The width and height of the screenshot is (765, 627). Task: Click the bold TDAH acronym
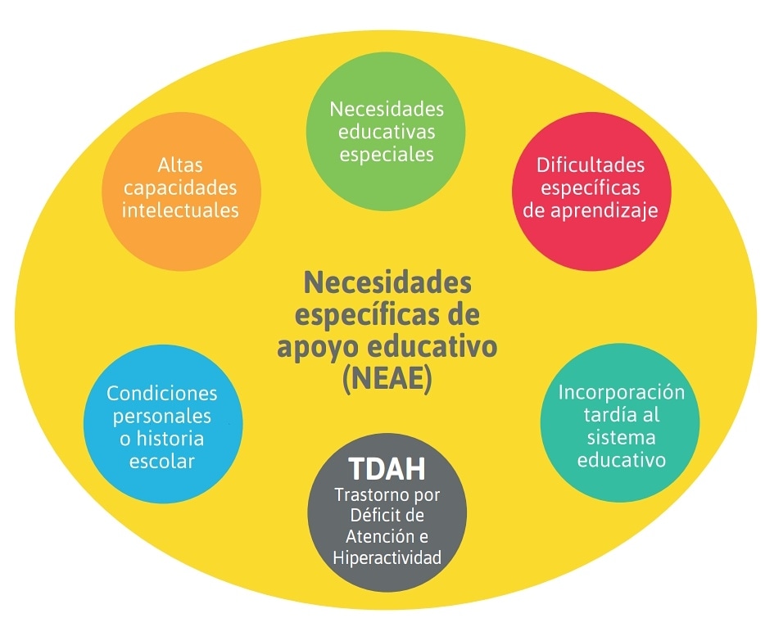click(x=387, y=468)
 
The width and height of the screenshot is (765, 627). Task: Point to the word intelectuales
click(x=180, y=210)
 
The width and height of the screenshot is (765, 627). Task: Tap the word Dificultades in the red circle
click(x=591, y=165)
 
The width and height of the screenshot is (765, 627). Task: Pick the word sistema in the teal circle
click(x=621, y=437)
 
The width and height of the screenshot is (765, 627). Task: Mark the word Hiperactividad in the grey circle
click(x=387, y=557)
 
